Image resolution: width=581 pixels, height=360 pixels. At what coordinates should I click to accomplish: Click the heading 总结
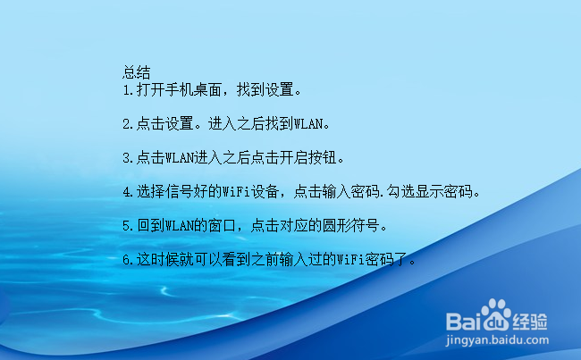136,71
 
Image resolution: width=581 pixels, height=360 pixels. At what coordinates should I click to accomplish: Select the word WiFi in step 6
348,260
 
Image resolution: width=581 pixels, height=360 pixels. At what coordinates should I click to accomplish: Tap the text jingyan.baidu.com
496,340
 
